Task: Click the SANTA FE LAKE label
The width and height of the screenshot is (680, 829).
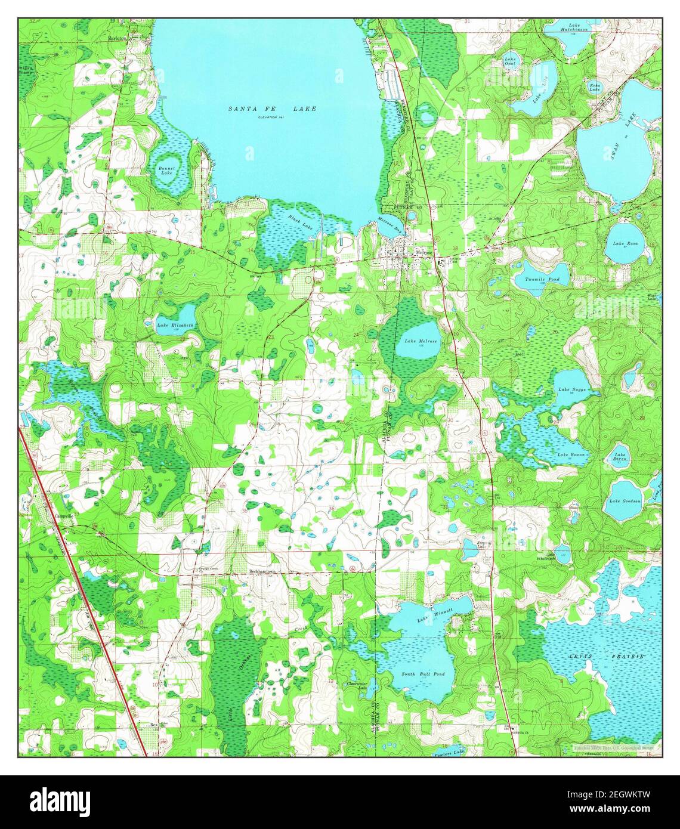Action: [x=272, y=109]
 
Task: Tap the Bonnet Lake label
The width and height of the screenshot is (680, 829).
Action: [x=166, y=171]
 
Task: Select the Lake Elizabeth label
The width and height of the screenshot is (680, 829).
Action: [x=175, y=325]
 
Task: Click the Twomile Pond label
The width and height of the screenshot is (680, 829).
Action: [x=542, y=280]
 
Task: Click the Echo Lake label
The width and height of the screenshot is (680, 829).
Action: [x=595, y=87]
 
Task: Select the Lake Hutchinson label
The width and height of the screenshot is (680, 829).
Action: [x=573, y=27]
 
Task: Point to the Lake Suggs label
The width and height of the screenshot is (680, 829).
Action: [x=571, y=389]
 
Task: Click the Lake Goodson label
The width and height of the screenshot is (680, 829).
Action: [x=625, y=501]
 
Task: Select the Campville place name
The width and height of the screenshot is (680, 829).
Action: [x=62, y=516]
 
